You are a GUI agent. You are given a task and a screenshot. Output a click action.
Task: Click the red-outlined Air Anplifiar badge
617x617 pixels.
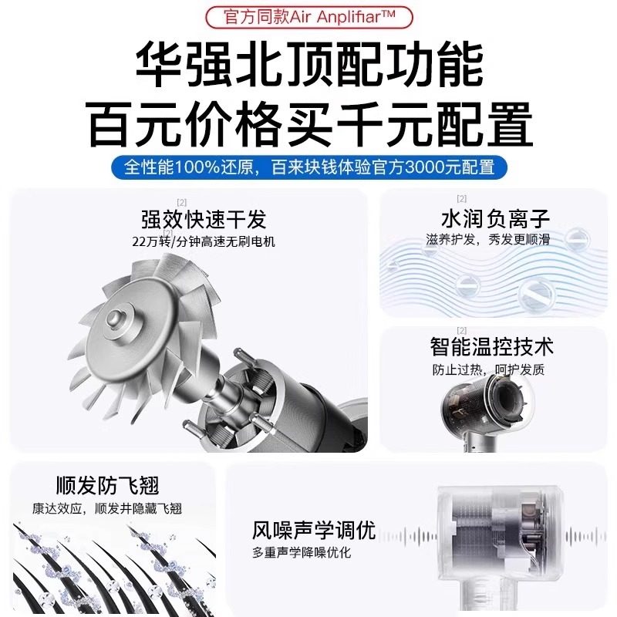point(308,15)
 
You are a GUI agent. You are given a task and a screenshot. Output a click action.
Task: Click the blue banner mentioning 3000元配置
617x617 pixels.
point(308,167)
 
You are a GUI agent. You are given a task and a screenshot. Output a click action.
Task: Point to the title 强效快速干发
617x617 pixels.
point(204,219)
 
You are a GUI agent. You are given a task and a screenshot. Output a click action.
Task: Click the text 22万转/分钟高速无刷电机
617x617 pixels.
point(204,241)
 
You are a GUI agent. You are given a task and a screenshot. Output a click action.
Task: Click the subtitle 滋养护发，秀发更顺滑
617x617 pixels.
point(487,239)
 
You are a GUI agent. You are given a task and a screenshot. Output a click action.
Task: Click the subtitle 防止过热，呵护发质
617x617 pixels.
point(487,369)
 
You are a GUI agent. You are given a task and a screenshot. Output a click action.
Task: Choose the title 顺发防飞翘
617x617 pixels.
point(107,486)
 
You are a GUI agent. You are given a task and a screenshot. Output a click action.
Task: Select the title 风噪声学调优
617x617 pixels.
point(313,531)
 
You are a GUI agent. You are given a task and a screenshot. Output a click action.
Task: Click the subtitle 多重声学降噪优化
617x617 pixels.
point(302,553)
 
